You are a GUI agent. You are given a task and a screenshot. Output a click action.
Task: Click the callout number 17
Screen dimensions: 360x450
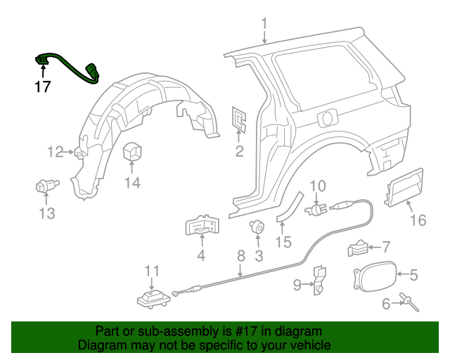click(x=43, y=87)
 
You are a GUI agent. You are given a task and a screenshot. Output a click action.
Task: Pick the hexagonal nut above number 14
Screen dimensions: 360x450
click(x=132, y=155)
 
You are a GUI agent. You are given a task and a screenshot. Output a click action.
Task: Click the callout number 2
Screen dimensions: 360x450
click(x=239, y=150)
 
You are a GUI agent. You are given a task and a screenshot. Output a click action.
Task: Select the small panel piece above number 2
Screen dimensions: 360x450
click(x=239, y=120)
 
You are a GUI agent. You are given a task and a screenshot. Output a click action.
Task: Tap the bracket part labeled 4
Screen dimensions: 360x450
click(x=201, y=226)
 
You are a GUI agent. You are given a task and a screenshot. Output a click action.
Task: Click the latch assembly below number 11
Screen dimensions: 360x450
click(x=153, y=299)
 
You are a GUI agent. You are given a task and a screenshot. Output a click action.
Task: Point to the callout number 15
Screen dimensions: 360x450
click(x=283, y=242)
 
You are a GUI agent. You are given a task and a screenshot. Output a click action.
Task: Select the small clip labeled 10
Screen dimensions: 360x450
click(x=316, y=208)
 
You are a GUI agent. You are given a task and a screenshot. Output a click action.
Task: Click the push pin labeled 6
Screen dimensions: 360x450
click(x=409, y=302)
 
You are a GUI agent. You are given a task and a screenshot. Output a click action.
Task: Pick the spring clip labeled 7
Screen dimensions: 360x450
click(x=358, y=247)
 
